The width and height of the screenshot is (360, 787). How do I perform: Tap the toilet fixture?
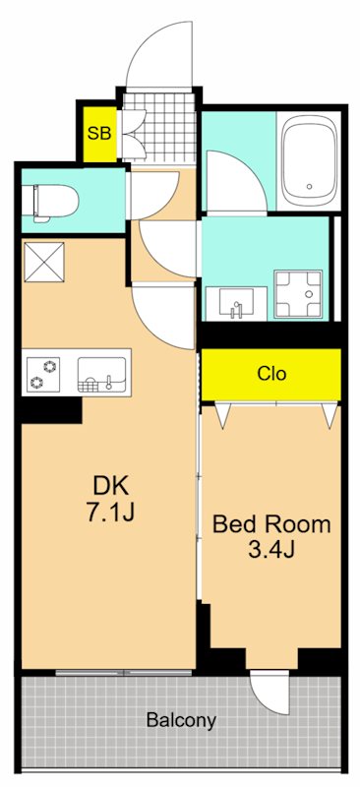click(50, 201)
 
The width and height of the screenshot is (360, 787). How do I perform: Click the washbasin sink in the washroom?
click(236, 300)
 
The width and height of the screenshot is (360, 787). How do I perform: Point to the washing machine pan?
click(300, 292)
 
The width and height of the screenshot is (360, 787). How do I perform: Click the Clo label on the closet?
click(271, 374)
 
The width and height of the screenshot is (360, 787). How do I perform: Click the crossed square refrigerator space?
click(45, 261)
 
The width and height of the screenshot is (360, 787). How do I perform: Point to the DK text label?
click(111, 484)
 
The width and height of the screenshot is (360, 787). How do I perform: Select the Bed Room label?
click(271, 524)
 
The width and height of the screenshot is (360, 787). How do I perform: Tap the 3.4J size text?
click(271, 550)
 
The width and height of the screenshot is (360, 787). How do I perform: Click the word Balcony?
click(181, 720)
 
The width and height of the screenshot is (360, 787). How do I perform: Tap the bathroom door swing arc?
click(233, 182)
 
